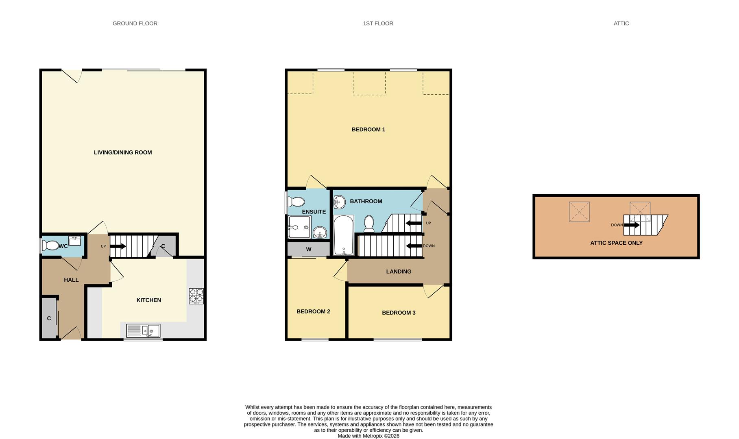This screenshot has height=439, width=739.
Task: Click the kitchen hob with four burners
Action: click(x=196, y=296)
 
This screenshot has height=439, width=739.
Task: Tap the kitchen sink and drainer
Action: click(x=143, y=330)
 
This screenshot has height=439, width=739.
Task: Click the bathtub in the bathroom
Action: click(x=343, y=235)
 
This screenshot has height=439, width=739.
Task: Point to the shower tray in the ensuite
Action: click(x=299, y=227)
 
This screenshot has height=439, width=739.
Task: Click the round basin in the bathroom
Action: click(x=339, y=201)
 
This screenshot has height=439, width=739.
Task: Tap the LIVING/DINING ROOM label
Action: click(x=123, y=152)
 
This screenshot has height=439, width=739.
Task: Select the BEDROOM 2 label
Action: click(x=313, y=311)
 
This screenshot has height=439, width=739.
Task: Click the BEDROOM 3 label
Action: click(x=399, y=313)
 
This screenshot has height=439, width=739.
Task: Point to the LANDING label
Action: click(x=399, y=272)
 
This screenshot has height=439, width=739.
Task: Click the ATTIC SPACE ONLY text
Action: click(x=616, y=243)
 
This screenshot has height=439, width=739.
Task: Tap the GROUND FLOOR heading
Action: click(x=135, y=24)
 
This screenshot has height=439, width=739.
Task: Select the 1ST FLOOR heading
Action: click(x=378, y=24)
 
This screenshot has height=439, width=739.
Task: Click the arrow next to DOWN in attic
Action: click(x=632, y=225)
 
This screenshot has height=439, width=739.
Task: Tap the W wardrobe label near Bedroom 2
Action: click(x=309, y=249)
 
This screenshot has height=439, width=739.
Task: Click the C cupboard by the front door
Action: click(x=49, y=318)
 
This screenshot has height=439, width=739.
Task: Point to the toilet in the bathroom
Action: click(x=369, y=223)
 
